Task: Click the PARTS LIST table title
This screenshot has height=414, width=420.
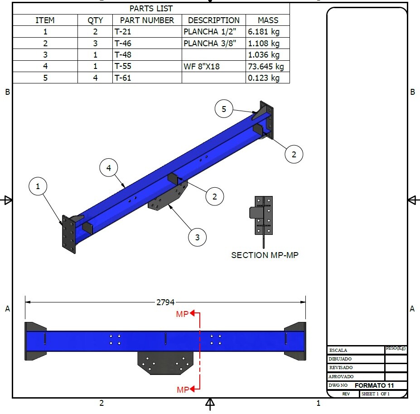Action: tap(151, 9)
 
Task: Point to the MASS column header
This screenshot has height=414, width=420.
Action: tap(268, 20)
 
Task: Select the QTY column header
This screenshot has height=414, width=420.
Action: tap(95, 20)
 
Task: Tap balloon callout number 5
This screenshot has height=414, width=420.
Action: tap(224, 109)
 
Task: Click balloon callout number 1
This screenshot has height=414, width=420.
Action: tap(38, 186)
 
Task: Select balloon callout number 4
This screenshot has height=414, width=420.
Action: tap(109, 168)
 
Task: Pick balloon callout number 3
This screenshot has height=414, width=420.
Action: tap(198, 237)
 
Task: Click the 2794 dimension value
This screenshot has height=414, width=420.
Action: tap(165, 302)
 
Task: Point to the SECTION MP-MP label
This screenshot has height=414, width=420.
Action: tap(265, 255)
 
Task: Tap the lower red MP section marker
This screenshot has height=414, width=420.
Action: tap(183, 390)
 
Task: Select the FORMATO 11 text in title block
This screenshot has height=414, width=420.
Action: tap(374, 385)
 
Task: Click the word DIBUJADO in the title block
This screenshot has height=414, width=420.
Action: tap(341, 359)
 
